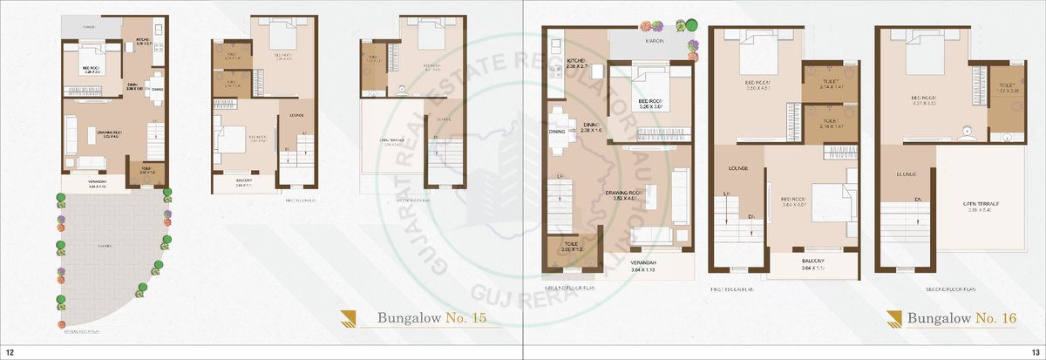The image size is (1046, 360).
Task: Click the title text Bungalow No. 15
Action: (431, 318)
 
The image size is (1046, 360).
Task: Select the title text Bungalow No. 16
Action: (961, 318)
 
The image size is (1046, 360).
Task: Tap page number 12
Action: (9, 351)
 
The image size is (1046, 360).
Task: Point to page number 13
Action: (1036, 351)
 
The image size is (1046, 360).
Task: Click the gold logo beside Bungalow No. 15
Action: (350, 318)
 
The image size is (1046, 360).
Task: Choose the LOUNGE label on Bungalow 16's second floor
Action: (904, 174)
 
